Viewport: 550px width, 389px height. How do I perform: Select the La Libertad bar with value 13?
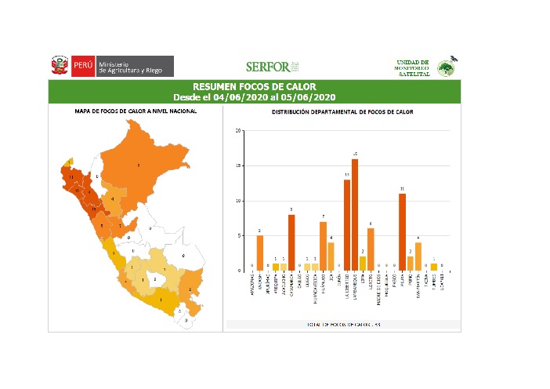click(346, 224)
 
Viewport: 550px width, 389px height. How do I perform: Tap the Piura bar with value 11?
click(402, 231)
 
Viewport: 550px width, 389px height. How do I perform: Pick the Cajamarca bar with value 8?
click(291, 242)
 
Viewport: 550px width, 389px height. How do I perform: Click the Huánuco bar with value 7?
click(323, 245)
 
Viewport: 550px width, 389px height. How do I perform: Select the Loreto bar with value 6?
click(371, 249)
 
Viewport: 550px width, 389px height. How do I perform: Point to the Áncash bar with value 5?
click(260, 253)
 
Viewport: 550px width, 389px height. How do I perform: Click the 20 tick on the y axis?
click(238, 131)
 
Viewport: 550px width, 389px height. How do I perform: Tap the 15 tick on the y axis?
click(238, 165)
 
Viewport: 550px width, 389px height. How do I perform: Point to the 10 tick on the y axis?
click(238, 201)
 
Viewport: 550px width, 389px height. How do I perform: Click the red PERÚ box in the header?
click(83, 67)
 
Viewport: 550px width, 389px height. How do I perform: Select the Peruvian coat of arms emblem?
click(59, 66)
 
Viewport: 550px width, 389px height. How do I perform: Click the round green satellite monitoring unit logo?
click(446, 67)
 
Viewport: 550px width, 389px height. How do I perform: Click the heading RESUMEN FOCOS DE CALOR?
click(254, 86)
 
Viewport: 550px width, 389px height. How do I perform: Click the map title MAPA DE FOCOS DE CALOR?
click(136, 111)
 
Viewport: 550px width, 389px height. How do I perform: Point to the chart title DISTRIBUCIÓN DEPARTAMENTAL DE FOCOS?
click(342, 112)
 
